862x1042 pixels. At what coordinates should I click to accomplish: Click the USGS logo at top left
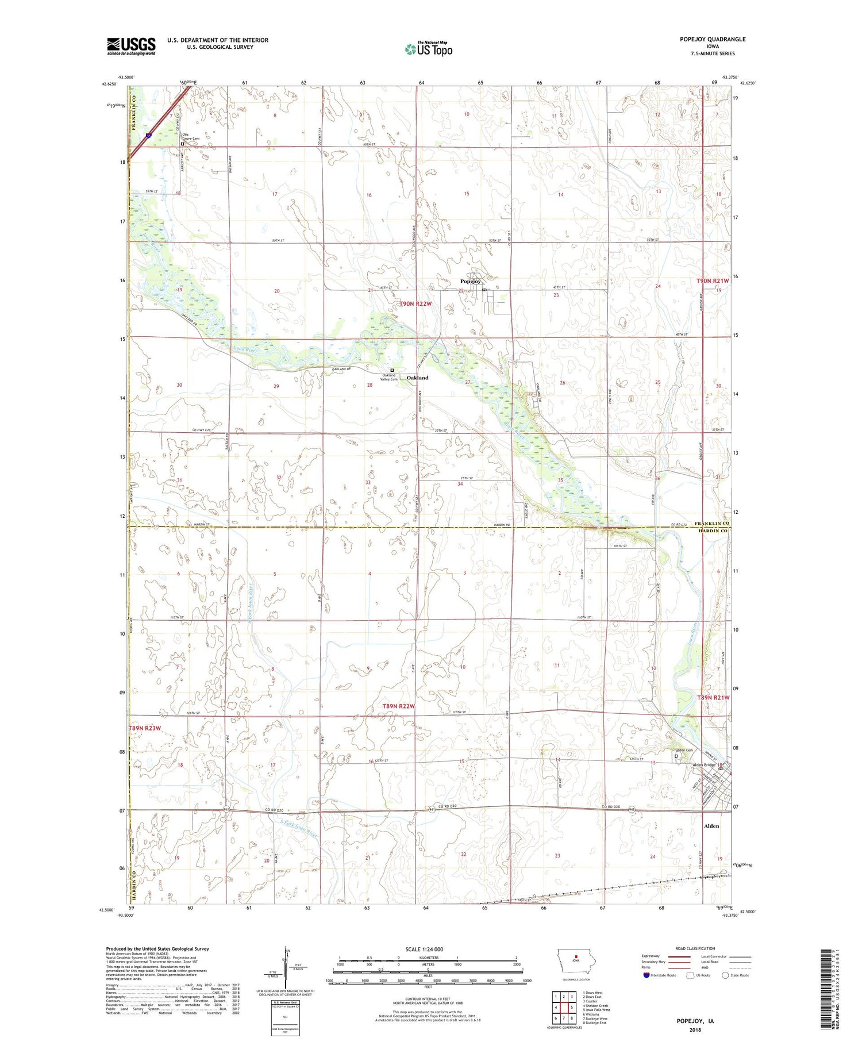point(131,46)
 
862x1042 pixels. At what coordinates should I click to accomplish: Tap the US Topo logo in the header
point(429,49)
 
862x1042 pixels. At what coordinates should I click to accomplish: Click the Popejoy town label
point(470,281)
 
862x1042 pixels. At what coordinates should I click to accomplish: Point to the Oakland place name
point(417,378)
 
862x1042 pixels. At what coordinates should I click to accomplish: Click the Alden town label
point(711,826)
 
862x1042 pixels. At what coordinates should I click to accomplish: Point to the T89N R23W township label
point(144,728)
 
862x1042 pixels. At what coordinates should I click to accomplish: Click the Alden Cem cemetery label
point(684,750)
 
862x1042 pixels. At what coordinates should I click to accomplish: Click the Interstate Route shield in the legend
point(646,975)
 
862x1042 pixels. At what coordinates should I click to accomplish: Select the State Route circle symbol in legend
point(725,975)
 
